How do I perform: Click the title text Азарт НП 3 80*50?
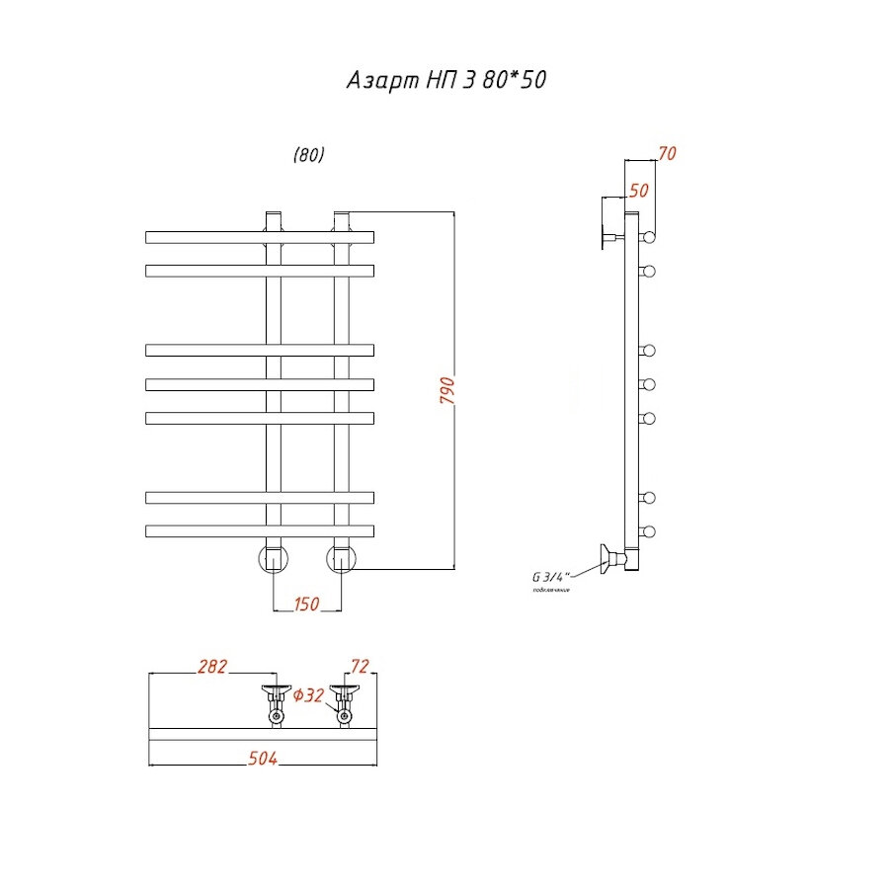445,81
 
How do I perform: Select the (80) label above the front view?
308,155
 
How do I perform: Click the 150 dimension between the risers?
306,605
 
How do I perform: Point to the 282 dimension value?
212,667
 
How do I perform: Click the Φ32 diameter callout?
309,695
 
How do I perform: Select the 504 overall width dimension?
261,758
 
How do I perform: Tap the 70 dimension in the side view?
667,153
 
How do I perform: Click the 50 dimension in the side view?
638,191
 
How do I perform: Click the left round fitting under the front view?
274,558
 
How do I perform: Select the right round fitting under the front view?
342,558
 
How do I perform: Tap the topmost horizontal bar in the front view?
260,237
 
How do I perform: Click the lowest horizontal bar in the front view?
260,530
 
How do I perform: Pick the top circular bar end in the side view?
649,237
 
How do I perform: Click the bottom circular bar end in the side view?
649,531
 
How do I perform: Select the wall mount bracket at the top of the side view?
608,237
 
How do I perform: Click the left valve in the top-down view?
275,702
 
